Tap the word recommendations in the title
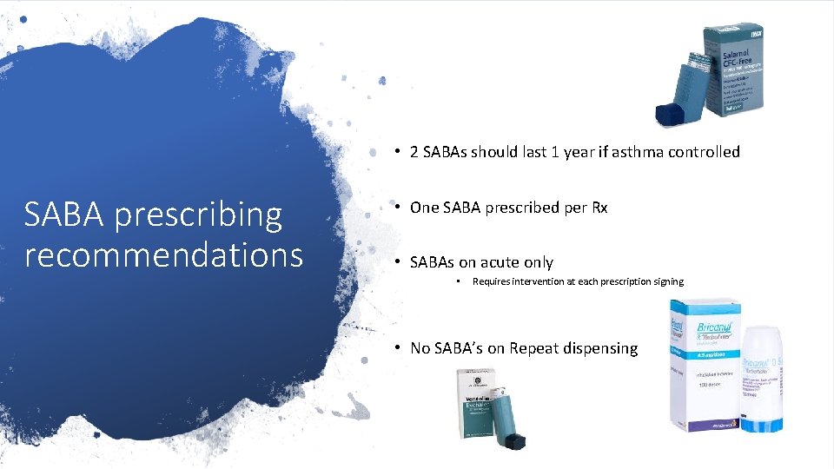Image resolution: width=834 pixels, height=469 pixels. [163, 255]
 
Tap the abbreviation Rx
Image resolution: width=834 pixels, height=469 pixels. [599, 208]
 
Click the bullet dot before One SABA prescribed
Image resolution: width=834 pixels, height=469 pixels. [396, 207]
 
